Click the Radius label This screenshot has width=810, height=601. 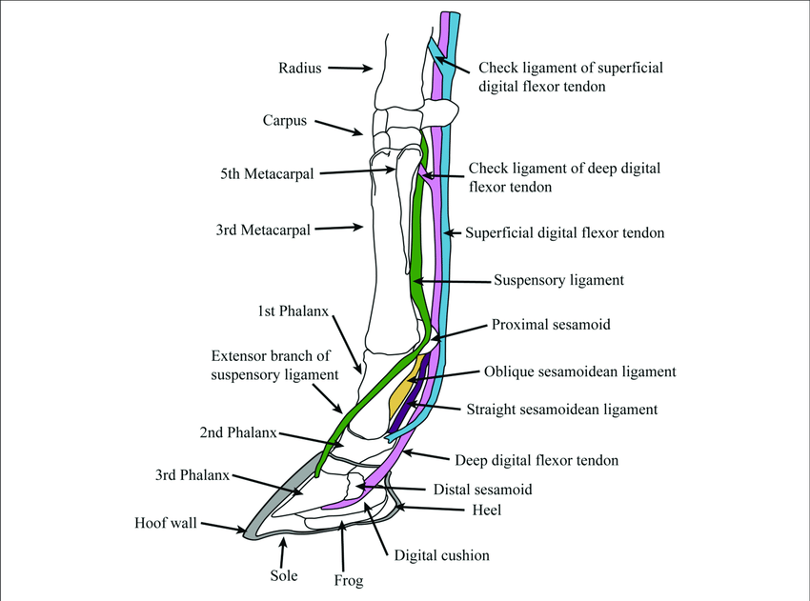[x=300, y=68]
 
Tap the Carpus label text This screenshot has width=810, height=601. [x=284, y=121]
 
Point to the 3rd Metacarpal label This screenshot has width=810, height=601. [x=265, y=229]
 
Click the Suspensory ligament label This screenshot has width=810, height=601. [x=558, y=281]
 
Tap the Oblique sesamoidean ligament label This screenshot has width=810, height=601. [x=579, y=371]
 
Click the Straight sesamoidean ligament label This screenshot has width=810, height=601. [x=562, y=410]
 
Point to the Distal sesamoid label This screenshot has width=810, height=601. [x=482, y=490]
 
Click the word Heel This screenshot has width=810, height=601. [x=487, y=511]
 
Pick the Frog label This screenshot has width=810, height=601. [x=349, y=579]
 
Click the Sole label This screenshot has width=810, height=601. [x=283, y=575]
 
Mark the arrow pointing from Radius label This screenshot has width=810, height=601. [x=351, y=68]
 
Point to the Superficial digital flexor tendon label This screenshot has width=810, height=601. [x=565, y=232]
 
